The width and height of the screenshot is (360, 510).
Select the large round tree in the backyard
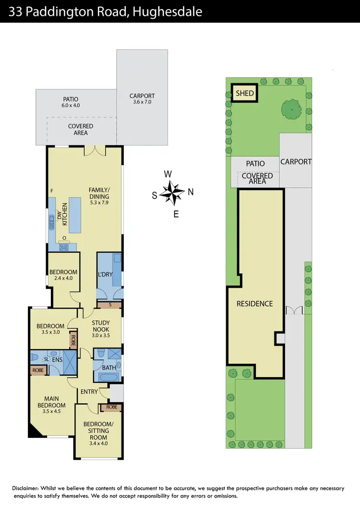click(x=291, y=109)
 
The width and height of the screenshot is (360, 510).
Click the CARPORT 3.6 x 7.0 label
click(x=142, y=99)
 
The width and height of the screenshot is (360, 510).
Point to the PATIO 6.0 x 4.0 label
click(x=70, y=102)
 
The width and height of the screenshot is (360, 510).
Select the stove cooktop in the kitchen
click(x=64, y=247)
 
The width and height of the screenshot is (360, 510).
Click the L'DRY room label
click(x=105, y=275)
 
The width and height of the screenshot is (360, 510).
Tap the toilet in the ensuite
click(x=34, y=358)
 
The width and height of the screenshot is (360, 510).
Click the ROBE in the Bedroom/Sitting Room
click(x=111, y=407)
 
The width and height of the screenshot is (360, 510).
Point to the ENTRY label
click(x=89, y=392)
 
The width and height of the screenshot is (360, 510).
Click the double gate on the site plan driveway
click(x=293, y=311)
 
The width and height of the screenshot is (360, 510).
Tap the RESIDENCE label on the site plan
click(x=254, y=304)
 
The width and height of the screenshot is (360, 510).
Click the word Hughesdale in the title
click(x=170, y=12)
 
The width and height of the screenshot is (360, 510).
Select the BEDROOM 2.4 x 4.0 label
click(x=63, y=275)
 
